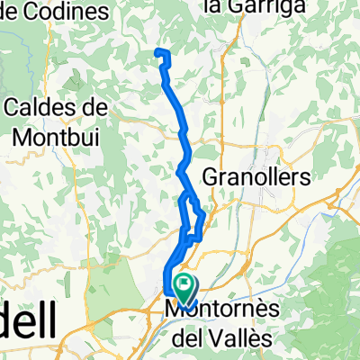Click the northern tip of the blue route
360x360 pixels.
coord(160,50)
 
